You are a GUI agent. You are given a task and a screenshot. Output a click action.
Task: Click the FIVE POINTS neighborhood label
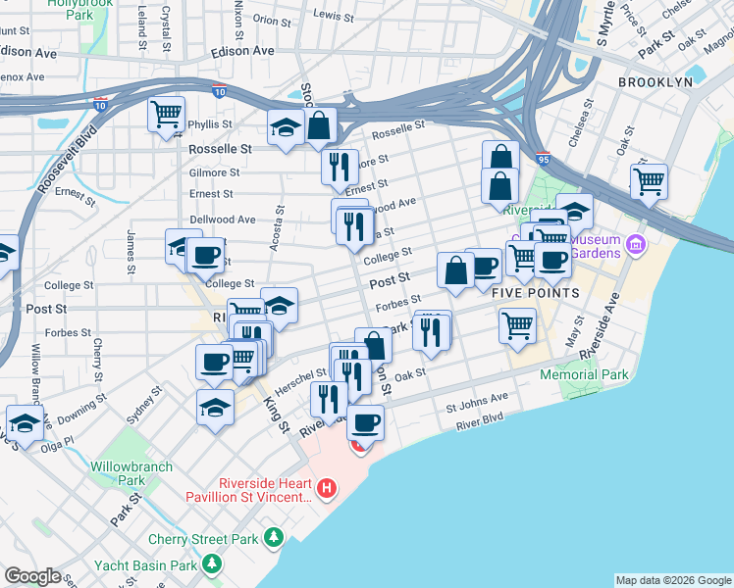point(526,293)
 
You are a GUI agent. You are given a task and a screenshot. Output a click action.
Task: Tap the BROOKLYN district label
point(655,82)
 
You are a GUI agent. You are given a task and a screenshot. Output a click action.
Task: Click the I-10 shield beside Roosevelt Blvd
point(100,103)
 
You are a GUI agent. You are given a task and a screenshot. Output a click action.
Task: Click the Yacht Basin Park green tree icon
point(211,563)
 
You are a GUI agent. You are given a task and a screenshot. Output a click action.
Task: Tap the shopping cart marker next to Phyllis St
point(167,115)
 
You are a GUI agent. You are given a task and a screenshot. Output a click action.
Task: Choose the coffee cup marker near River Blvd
point(366,422)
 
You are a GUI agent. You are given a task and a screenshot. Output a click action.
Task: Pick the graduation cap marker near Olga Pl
point(25,423)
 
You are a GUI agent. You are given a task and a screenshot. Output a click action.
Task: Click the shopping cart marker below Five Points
point(517,325)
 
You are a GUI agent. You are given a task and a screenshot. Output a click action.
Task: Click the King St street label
point(275,414)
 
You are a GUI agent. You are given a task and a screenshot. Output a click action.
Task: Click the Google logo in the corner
point(32,576)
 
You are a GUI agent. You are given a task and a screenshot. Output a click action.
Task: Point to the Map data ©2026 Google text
point(672,580)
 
